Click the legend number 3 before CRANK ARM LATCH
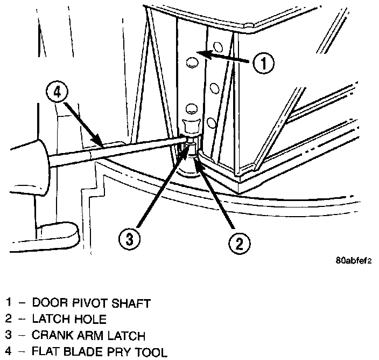[9, 336]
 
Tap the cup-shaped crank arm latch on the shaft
[191, 128]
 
